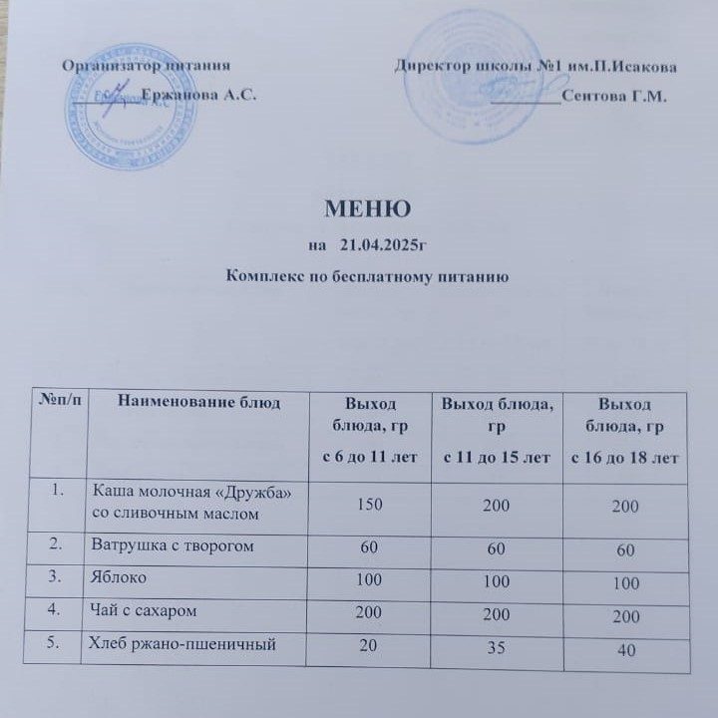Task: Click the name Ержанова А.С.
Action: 199,96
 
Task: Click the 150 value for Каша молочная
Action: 369,504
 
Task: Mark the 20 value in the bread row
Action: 368,645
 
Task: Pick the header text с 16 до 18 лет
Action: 623,458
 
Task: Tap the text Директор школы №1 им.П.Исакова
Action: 536,67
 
